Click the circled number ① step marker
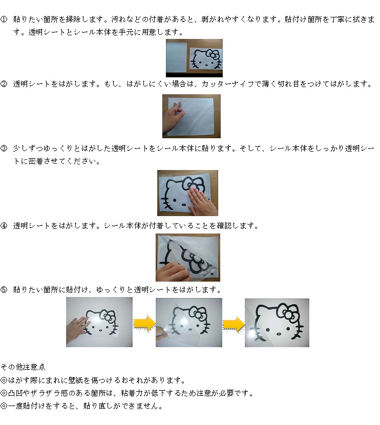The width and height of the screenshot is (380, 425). pyautogui.click(x=4, y=19)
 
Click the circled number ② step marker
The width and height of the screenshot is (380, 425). pyautogui.click(x=4, y=84)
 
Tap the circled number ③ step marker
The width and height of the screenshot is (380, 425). pyautogui.click(x=4, y=148)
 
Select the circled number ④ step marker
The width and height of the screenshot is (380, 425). pyautogui.click(x=4, y=226)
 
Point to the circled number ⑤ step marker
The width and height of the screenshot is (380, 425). pyautogui.click(x=4, y=290)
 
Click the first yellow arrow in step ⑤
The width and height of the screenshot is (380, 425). pyautogui.click(x=144, y=323)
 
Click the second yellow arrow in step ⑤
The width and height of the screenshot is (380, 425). pyautogui.click(x=234, y=324)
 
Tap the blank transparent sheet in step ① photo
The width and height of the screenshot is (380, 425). pyautogui.click(x=176, y=57)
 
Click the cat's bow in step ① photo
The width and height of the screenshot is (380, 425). pyautogui.click(x=213, y=54)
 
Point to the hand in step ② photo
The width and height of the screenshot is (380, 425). pyautogui.click(x=174, y=118)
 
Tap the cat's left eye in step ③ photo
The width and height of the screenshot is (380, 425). pyautogui.click(x=175, y=200)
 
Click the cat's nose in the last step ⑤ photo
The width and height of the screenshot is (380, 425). pyautogui.click(x=279, y=334)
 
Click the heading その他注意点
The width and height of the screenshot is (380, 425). pyautogui.click(x=23, y=367)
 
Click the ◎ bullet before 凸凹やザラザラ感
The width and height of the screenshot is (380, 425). pyautogui.click(x=4, y=393)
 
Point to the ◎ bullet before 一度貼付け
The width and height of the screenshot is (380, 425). pyautogui.click(x=4, y=406)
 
